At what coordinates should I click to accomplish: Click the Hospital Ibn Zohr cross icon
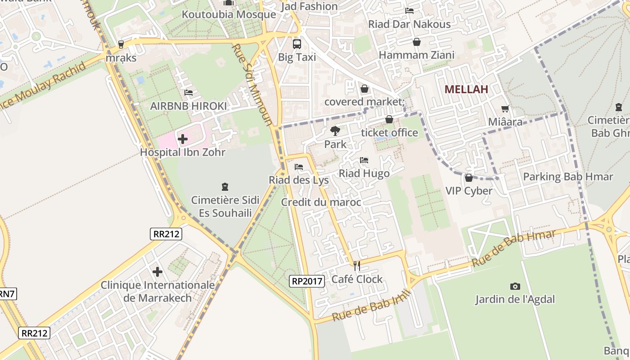tap(183, 139)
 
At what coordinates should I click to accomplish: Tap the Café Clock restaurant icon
tap(357, 266)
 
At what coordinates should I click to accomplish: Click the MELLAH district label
tap(466, 89)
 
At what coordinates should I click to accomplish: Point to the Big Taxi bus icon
tap(297, 44)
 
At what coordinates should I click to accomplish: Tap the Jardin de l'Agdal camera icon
tap(515, 286)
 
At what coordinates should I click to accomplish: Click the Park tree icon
tap(335, 131)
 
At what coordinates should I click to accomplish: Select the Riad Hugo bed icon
tap(364, 160)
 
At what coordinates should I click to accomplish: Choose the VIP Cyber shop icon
tap(469, 178)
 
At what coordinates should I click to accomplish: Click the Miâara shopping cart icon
tap(505, 108)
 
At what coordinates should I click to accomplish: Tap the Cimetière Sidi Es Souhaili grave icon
tap(225, 186)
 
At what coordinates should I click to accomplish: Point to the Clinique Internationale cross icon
tap(157, 272)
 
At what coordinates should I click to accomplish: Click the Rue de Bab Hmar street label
tap(513, 248)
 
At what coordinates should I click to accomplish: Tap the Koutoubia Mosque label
tap(229, 14)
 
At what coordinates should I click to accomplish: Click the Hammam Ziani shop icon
tap(417, 42)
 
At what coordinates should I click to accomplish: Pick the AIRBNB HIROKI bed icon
tap(189, 93)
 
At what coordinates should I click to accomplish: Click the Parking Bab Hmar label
tap(568, 177)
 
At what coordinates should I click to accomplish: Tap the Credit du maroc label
tap(321, 202)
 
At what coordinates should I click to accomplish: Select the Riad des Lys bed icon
tap(298, 167)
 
